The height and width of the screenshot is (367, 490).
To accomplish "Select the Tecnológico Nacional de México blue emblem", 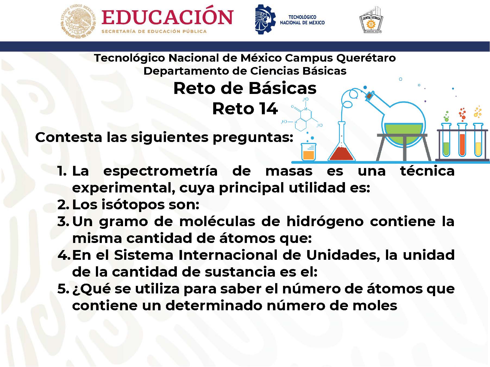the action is pos(265,19).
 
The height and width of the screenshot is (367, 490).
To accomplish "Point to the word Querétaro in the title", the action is pos(366,58).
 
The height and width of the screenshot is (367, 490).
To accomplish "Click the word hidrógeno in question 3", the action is pos(325,222).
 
